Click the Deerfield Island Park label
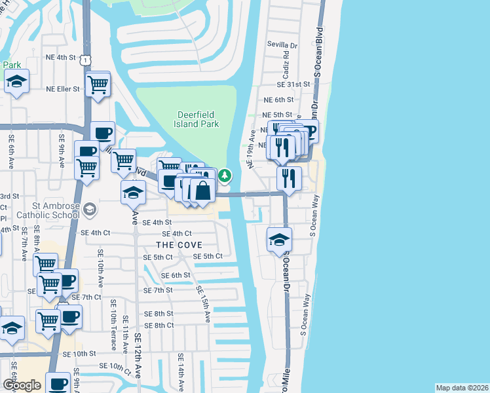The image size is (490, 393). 198,119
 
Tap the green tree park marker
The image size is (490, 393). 225,175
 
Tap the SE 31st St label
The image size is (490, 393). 292,84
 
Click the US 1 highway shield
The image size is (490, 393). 85,60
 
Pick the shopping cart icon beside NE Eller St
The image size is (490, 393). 98,84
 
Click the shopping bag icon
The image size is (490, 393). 202,191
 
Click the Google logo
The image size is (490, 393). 22,385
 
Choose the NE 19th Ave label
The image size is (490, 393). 252,149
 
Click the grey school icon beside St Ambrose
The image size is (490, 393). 90,210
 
